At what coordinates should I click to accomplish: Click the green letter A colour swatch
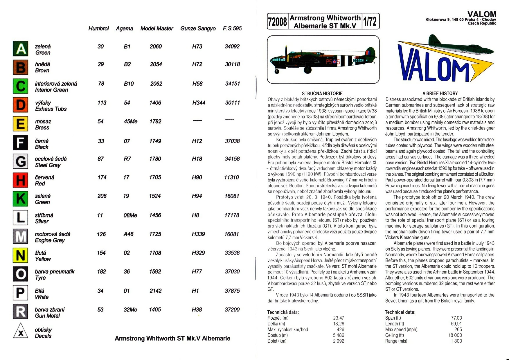21,48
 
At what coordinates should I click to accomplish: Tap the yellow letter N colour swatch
21,255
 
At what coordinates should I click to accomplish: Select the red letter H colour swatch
21,180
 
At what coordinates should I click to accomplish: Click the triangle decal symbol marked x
21,332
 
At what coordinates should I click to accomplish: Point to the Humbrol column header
98,28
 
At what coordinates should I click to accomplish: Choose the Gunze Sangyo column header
198,28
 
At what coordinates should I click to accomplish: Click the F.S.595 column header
232,28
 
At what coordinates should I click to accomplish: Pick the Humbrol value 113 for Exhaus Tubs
102,103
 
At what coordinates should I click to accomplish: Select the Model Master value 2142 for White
155,291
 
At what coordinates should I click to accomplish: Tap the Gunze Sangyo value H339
198,234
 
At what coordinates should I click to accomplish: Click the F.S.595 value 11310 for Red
231,177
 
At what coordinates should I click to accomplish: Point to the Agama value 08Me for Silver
130,215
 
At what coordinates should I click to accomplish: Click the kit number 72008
277,21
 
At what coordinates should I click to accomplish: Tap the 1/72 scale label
370,21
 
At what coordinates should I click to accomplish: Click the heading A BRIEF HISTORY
440,93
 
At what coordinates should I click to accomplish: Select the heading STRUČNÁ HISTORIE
322,93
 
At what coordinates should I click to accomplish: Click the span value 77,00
456,318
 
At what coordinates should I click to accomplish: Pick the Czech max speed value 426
340,330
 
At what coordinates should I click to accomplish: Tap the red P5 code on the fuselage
329,62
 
